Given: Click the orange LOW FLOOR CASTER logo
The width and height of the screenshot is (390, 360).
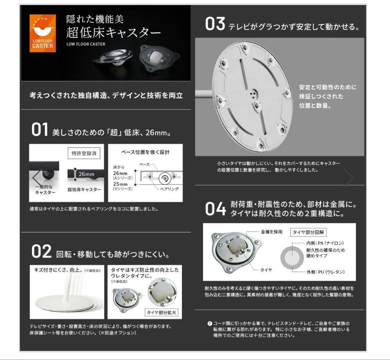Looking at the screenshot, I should point(43,33).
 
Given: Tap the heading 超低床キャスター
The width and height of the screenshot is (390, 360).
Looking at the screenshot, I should point(113,33).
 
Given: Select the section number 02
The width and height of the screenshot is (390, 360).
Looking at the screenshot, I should point(42,252).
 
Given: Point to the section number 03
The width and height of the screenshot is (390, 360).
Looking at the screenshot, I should point(215,25).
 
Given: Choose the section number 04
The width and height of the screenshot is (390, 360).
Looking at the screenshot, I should point(216,209).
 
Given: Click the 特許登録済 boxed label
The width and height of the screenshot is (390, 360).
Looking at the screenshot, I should point(84,153).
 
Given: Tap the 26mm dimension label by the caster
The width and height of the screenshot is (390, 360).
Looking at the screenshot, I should point(86,174).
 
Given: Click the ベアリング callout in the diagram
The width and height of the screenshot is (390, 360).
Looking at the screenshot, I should point(169,189).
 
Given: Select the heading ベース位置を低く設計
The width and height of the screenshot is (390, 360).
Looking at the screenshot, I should point(145,152).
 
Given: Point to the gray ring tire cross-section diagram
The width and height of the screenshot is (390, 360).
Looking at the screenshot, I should point(292,258).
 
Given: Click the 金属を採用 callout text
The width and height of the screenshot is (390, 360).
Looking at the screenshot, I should point(272,232).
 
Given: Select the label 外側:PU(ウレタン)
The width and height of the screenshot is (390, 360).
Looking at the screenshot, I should point(325,272).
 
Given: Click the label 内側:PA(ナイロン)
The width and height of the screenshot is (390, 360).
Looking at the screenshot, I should point(325,243).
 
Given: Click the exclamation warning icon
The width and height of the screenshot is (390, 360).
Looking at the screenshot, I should point(210,323).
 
